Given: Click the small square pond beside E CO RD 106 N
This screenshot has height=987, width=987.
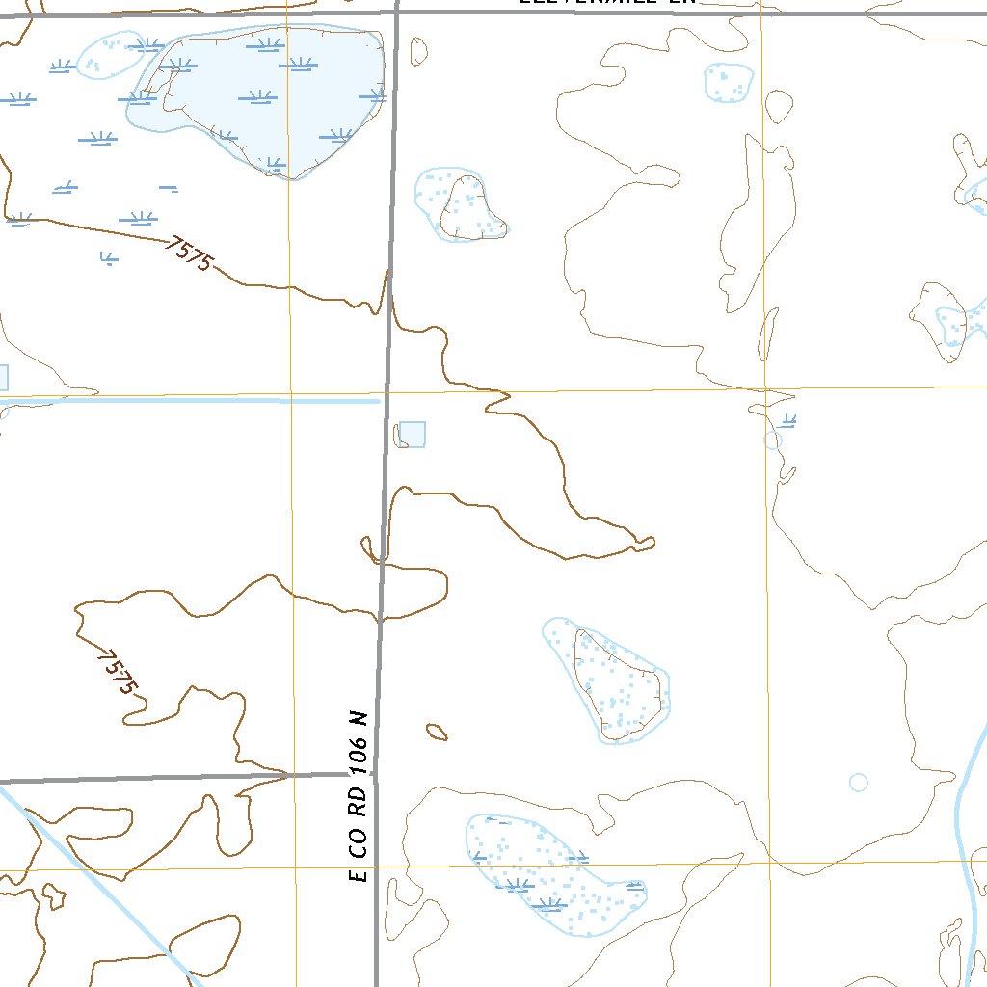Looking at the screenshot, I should pos(413,434).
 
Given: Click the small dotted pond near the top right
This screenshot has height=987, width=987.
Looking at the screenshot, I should pos(728,82).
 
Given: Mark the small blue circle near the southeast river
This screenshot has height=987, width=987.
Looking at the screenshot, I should pos(858,782).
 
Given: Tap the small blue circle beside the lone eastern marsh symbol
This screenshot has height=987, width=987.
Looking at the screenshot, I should pos(772,440).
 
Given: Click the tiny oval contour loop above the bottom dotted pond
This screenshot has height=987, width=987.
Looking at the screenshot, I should pos(437,733).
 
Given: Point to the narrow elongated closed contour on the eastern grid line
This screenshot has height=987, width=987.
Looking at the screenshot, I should pos(768,333).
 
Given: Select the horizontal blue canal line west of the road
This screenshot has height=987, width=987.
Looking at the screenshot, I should pos(193,400).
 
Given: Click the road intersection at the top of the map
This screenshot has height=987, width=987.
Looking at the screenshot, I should pos(397,13).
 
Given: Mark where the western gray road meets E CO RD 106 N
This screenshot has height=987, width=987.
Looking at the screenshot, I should pos(376,773).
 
